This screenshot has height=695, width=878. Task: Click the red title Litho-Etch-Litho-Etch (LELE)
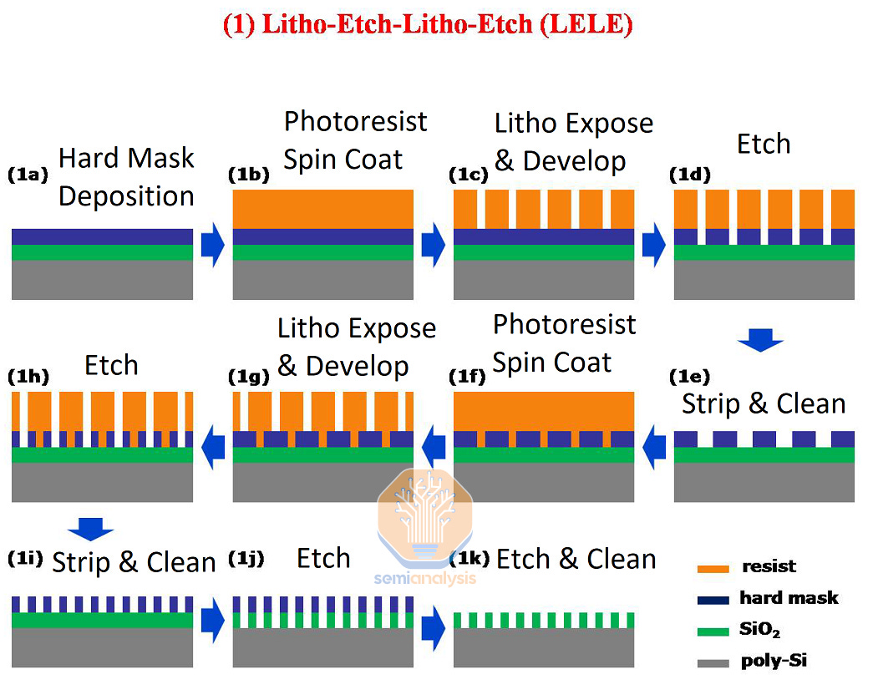tap(428, 24)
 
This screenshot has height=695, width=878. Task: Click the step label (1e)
tap(689, 377)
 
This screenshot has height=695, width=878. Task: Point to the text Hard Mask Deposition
tap(126, 177)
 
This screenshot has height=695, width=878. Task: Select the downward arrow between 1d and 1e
tap(760, 339)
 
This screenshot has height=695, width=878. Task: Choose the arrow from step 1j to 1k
tap(433, 625)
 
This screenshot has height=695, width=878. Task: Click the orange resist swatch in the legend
tap(713, 568)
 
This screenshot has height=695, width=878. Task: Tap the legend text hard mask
tap(788, 597)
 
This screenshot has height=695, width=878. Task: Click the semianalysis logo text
tap(426, 578)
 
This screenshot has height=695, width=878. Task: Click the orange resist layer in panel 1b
tap(323, 209)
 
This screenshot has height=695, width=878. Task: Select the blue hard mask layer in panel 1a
tap(103, 236)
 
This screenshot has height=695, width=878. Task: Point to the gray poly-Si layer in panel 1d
tap(764, 280)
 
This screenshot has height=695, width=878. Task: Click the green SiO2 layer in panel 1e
tap(764, 454)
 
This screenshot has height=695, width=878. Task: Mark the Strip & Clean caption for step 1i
tap(134, 562)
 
